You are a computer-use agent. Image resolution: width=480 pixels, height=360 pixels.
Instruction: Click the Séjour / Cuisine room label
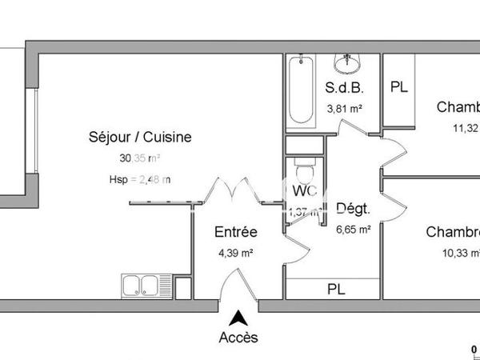click(140, 137)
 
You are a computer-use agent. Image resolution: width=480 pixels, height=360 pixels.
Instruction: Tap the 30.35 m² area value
click(140, 158)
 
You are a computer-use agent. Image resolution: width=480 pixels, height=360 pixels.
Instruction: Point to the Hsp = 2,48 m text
click(140, 179)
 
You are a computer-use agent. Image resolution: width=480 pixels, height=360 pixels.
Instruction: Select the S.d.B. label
click(346, 87)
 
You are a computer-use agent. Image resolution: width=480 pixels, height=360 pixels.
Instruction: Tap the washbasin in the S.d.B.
click(348, 63)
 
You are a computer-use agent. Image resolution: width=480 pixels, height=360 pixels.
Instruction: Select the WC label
click(304, 193)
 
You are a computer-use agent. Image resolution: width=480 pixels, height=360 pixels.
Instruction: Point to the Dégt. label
click(352, 210)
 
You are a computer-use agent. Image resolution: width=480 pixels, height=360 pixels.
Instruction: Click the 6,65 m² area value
click(353, 230)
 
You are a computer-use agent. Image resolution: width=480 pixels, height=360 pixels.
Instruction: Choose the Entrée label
click(236, 233)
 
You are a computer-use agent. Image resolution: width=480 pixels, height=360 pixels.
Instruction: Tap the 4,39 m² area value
click(236, 254)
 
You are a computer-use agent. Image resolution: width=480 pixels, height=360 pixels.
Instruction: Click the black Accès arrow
click(238, 318)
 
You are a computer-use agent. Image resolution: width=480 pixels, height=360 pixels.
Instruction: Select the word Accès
click(238, 338)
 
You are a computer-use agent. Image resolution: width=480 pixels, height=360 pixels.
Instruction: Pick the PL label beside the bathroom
click(398, 87)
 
